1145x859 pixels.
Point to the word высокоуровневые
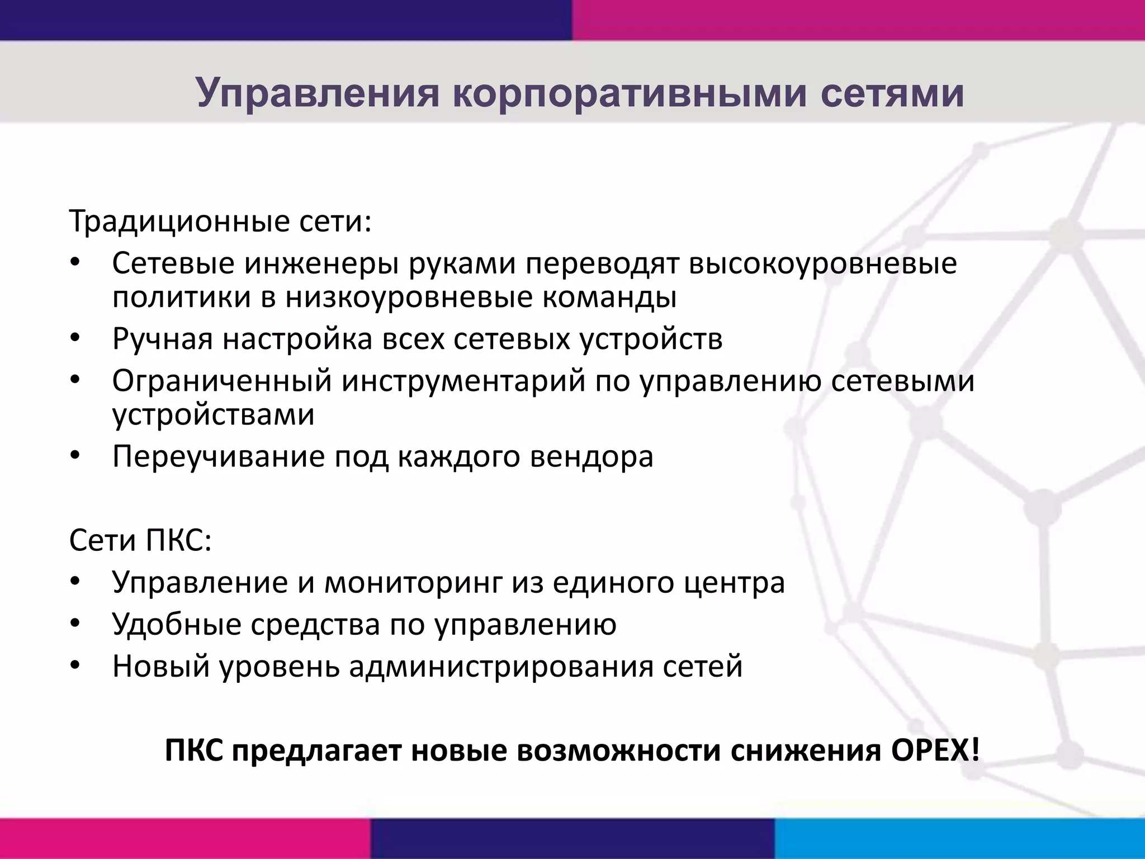pos(822,263)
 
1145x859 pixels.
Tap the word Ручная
pos(162,339)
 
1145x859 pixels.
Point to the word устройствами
pos(214,415)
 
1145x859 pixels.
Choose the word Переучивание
pos(219,457)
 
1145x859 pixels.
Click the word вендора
pos(592,457)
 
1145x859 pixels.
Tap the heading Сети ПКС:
pos(140,541)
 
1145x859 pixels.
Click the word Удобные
pos(176,625)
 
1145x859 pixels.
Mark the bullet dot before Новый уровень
pos(75,666)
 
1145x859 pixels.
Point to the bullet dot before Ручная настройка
pos(75,338)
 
